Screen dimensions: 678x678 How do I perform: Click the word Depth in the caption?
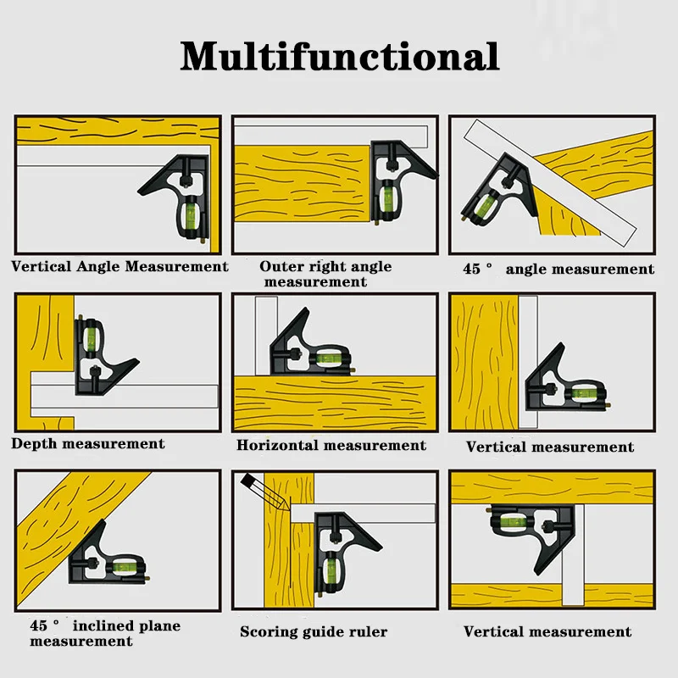click(34, 444)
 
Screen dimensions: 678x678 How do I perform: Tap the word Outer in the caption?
click(281, 266)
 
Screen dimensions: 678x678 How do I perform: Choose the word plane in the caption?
click(159, 626)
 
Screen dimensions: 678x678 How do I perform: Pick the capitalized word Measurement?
click(176, 266)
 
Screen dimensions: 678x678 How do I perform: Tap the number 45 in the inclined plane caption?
click(39, 626)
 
